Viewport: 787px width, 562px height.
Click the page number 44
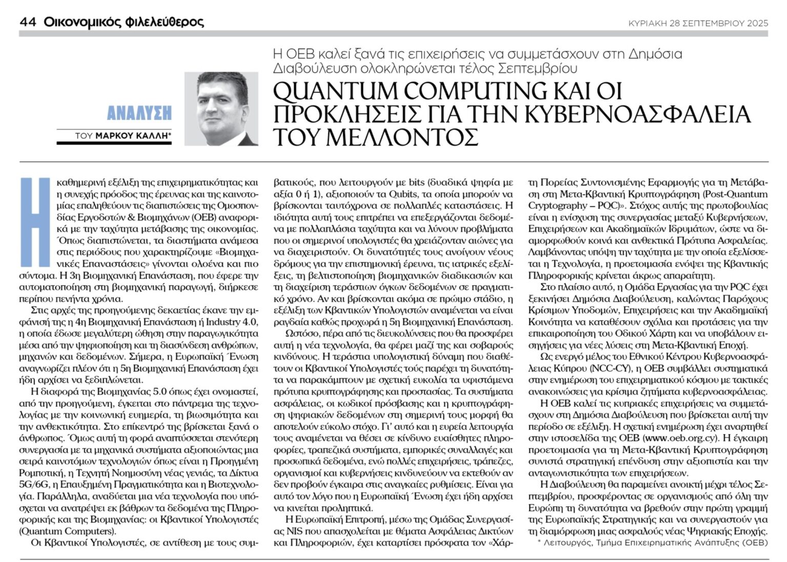tap(27, 22)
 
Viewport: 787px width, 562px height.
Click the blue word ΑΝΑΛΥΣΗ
tap(139, 113)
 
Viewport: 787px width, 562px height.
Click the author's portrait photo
tap(228, 108)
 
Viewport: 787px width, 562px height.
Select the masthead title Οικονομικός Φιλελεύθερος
tap(123, 22)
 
